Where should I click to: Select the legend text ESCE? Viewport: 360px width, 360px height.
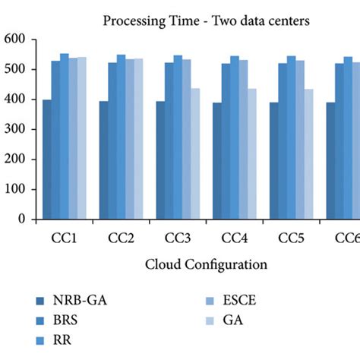239,300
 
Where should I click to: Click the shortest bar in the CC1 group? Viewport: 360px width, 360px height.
47,159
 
